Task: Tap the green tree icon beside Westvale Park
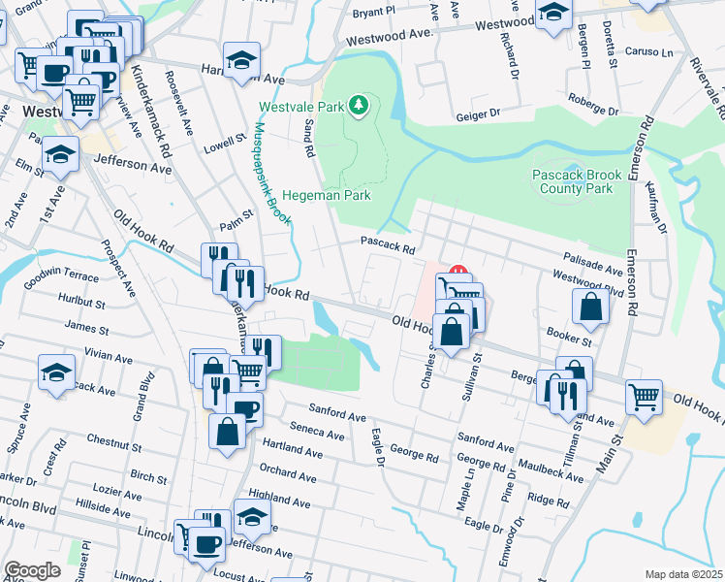[359, 104]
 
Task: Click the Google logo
[32, 570]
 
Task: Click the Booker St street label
[568, 341]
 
